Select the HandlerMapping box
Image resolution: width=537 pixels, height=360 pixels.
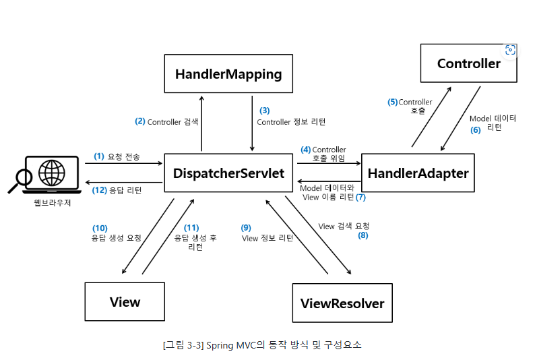(x=228, y=73)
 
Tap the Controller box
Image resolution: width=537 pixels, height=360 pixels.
(x=468, y=64)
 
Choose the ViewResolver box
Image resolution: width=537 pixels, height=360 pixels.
(x=342, y=303)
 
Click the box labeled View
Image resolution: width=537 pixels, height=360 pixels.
(x=125, y=302)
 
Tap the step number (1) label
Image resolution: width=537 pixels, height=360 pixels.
(x=99, y=156)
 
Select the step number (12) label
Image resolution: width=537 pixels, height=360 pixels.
(x=99, y=190)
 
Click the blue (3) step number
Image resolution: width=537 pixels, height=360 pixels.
(x=265, y=110)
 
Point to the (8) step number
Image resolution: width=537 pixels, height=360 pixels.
(x=363, y=236)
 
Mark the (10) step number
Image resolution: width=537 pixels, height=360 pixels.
(x=100, y=228)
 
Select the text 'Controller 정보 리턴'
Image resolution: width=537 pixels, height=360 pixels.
(x=291, y=122)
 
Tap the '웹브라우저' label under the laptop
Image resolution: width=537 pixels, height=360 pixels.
(x=53, y=202)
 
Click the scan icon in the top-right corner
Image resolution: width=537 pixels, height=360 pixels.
(x=510, y=50)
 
